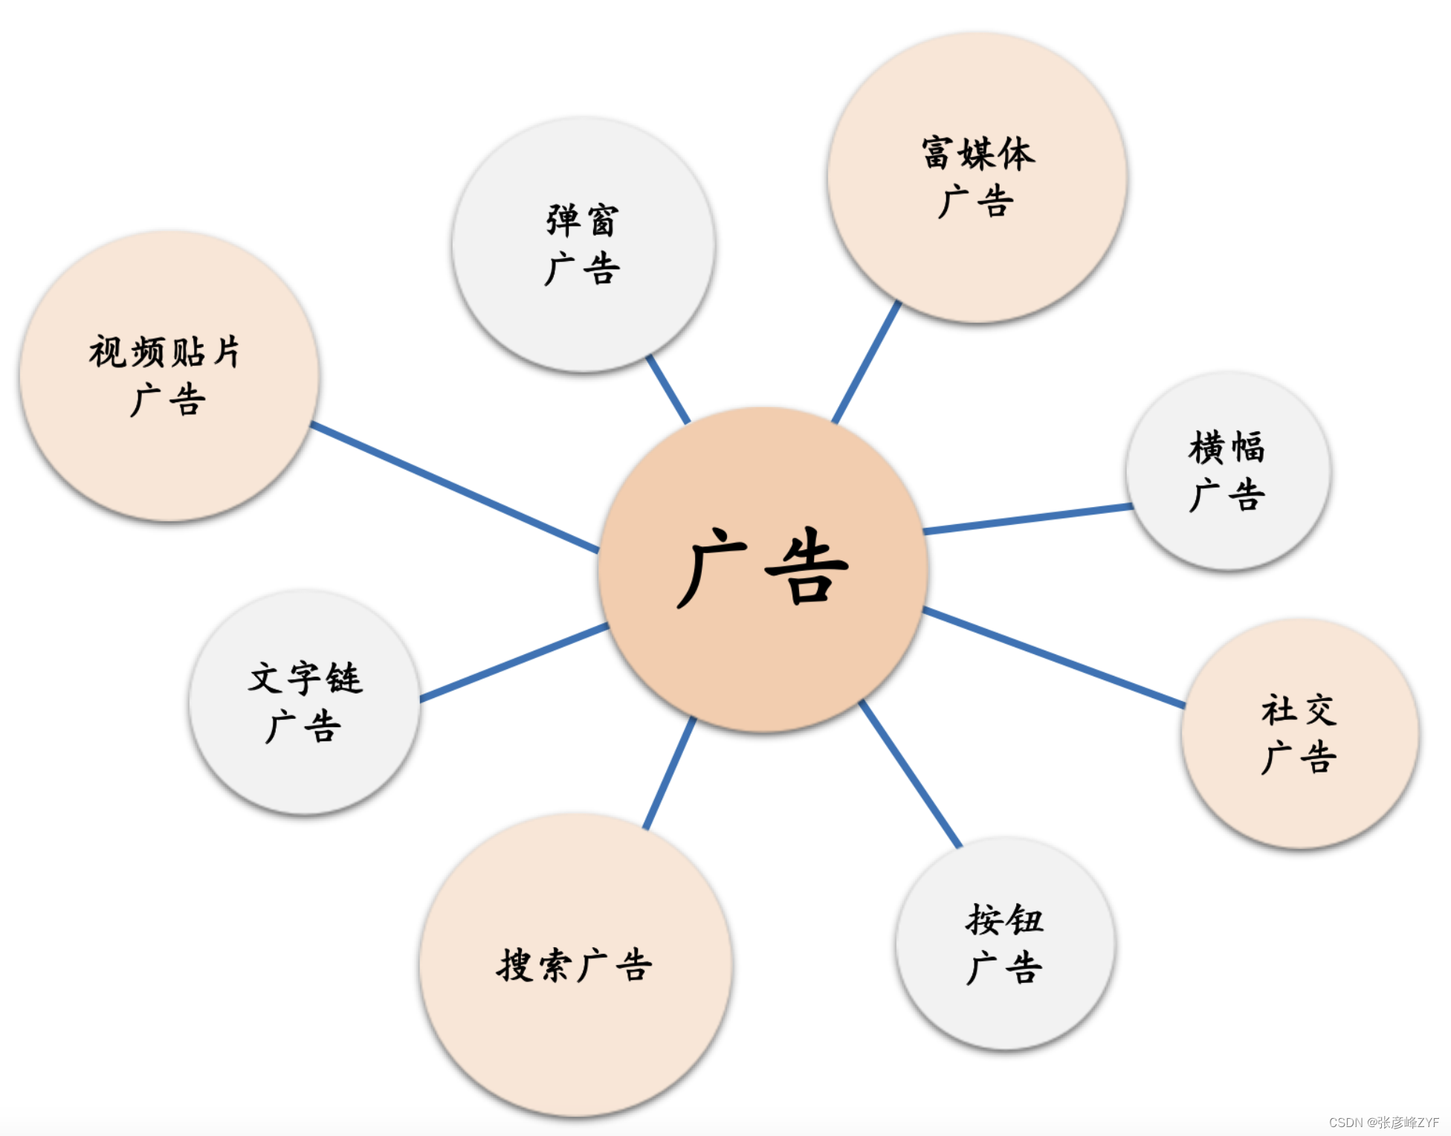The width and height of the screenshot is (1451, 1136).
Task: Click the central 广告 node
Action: tap(763, 569)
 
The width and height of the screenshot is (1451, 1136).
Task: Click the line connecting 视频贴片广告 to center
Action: tap(455, 488)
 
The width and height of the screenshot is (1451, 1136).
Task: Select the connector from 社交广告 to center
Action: tap(1054, 656)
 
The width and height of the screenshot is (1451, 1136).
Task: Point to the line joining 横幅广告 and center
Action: tap(1028, 518)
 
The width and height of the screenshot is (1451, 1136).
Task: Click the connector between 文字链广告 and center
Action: tap(514, 662)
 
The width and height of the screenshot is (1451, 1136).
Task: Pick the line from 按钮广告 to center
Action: tap(911, 773)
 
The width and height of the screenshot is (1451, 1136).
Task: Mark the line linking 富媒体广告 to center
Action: tap(866, 362)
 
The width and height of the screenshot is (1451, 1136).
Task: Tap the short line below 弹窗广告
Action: tap(668, 389)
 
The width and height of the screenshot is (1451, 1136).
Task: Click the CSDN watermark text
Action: tap(1383, 1122)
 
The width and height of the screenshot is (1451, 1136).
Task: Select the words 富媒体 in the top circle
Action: tap(978, 154)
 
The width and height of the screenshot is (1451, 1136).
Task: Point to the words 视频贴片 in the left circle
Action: tap(164, 352)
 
